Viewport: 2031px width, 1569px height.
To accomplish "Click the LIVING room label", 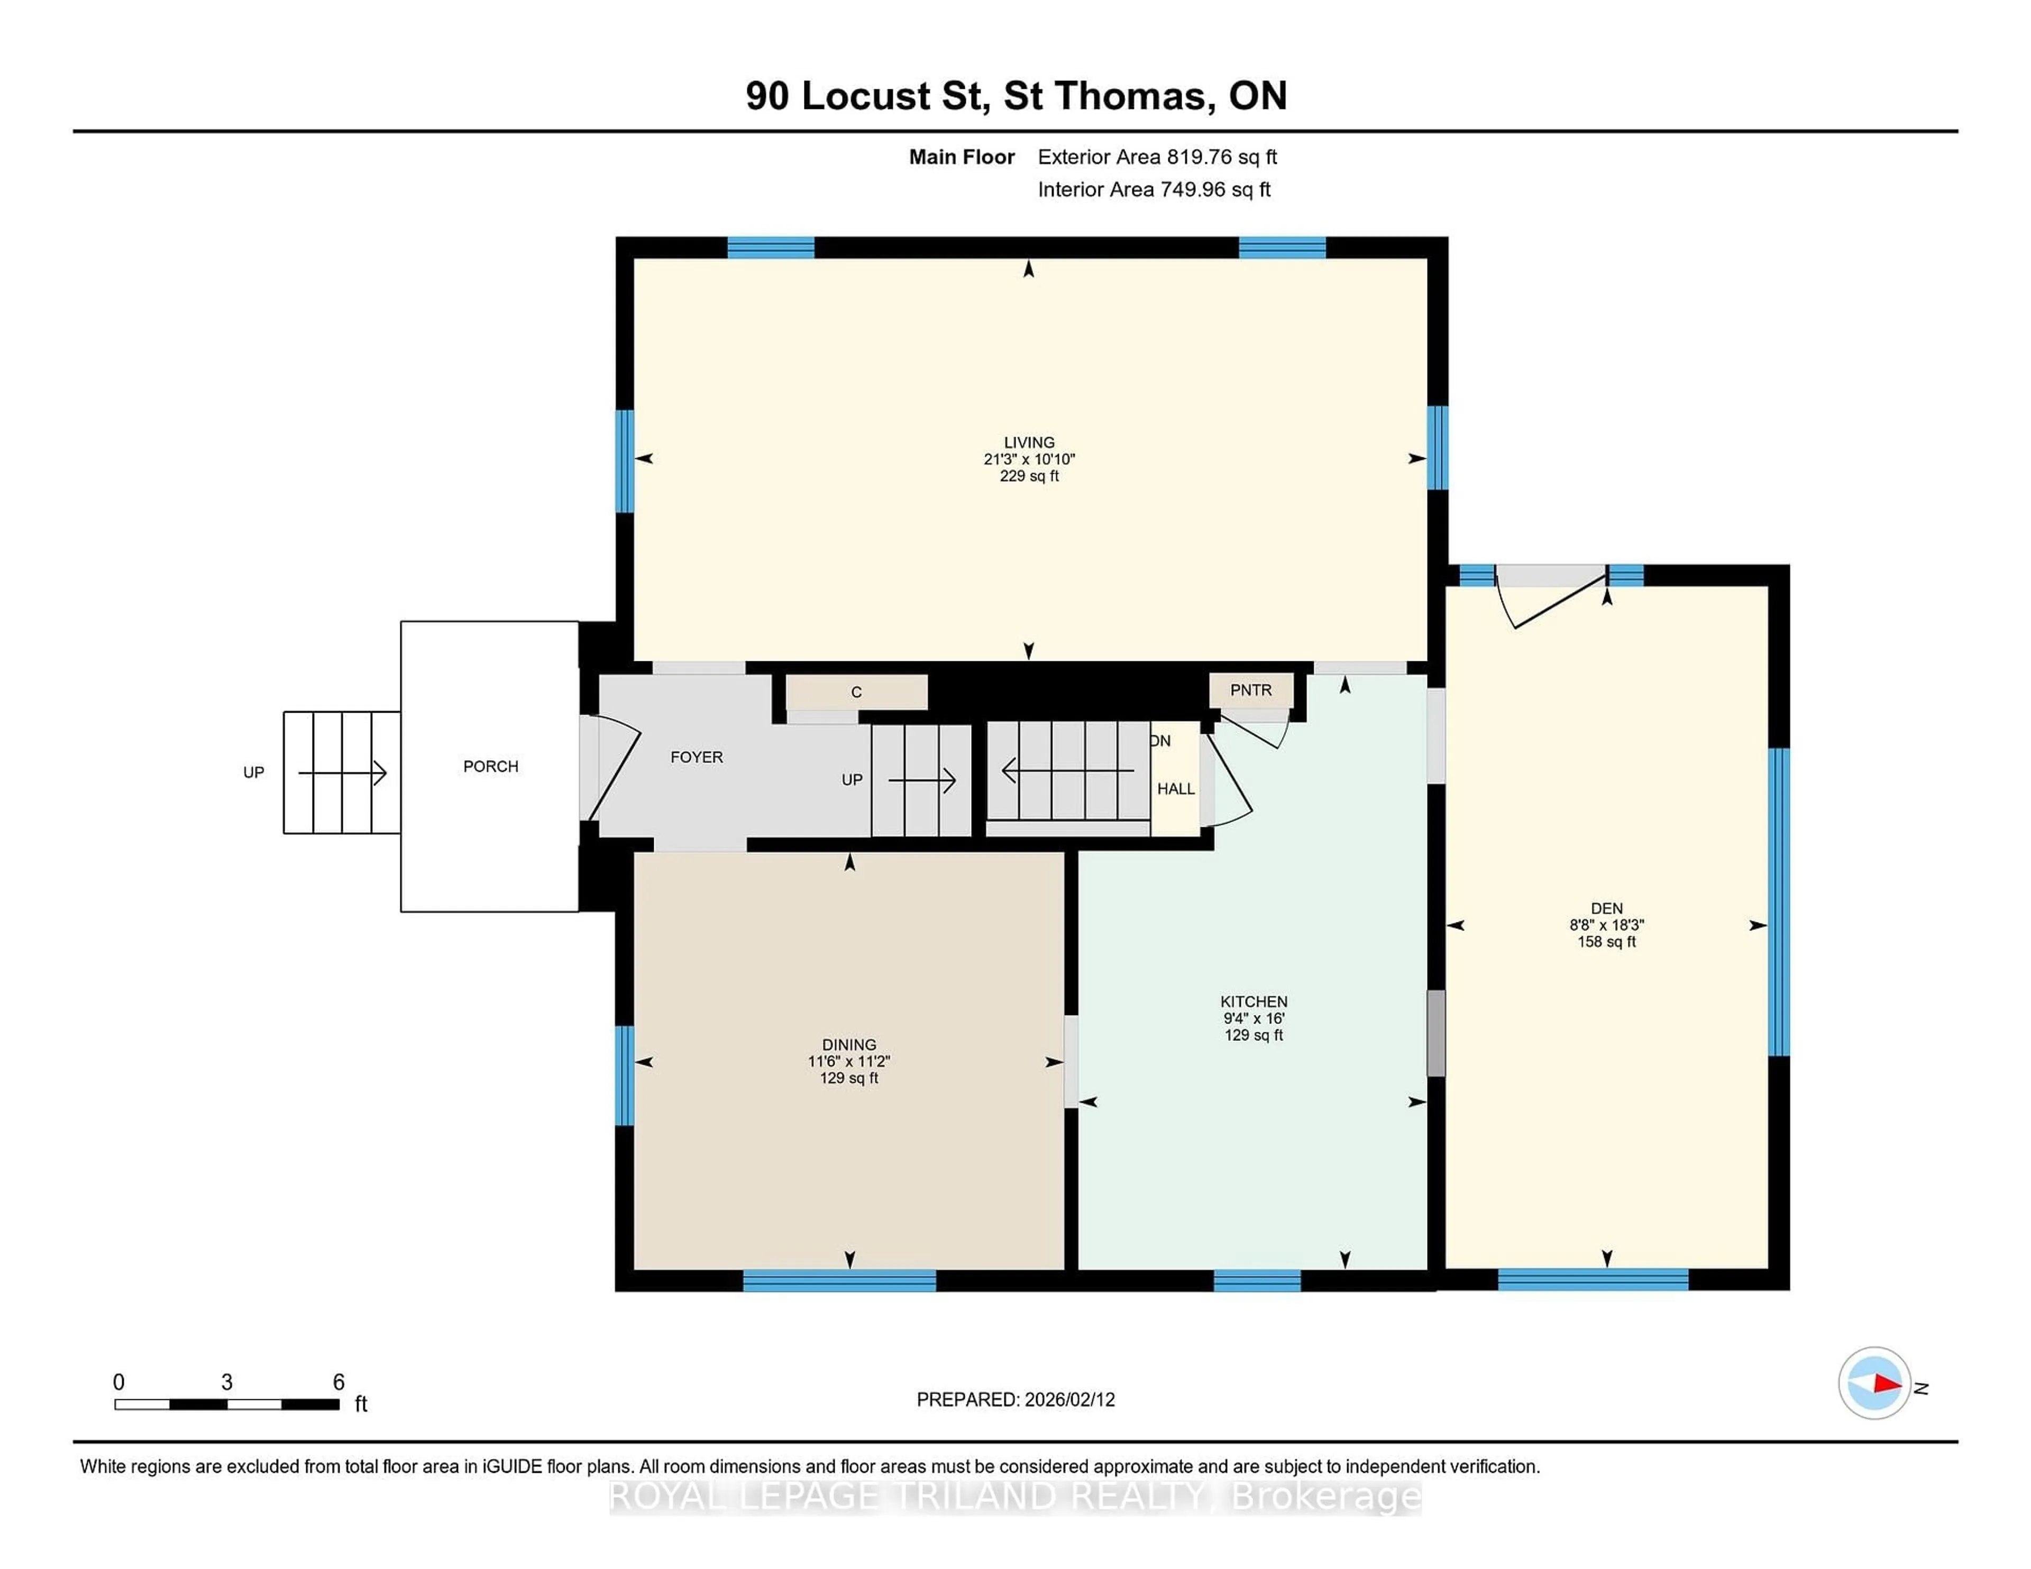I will (x=1029, y=442).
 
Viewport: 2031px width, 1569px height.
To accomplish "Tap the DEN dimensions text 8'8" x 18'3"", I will (x=1606, y=925).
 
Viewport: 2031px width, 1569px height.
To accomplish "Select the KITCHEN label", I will (x=1254, y=1001).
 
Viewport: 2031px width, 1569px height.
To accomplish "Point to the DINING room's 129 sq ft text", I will (x=848, y=1078).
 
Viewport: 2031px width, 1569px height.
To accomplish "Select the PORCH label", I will (x=490, y=766).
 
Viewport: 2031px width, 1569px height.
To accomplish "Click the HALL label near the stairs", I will (x=1175, y=788).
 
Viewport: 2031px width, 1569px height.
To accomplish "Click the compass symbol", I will (x=1874, y=1383).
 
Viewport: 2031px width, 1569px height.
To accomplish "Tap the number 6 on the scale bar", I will (x=338, y=1382).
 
